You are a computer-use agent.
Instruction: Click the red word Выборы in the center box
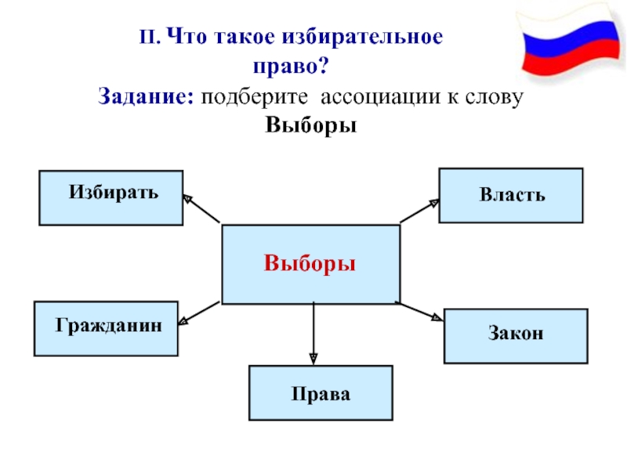[x=310, y=264]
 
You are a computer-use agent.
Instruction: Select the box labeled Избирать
[x=111, y=198]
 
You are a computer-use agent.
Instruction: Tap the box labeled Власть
[x=511, y=195]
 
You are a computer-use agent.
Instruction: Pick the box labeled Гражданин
[x=106, y=328]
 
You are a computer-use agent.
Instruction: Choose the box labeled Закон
[x=516, y=336]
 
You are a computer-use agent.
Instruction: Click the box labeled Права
[x=321, y=393]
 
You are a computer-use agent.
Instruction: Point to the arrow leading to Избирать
[x=201, y=208]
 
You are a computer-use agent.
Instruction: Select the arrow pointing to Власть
[x=419, y=211]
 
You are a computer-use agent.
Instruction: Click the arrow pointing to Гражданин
[x=199, y=313]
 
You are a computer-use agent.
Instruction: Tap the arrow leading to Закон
[x=419, y=311]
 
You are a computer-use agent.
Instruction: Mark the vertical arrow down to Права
[x=313, y=334]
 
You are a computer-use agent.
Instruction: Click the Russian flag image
[x=571, y=42]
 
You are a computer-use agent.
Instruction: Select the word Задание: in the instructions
[x=146, y=96]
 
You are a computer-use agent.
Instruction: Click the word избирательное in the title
[x=362, y=37]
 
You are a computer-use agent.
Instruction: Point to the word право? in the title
[x=291, y=66]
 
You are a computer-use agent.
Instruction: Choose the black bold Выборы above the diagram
[x=310, y=125]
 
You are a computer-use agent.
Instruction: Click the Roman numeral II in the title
[x=150, y=37]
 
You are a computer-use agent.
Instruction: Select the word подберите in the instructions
[x=254, y=97]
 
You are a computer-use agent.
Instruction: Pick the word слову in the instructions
[x=494, y=97]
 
